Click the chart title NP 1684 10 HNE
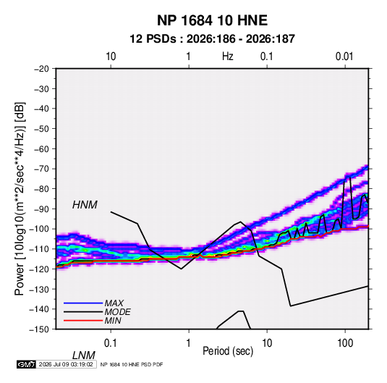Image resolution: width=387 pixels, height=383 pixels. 212,20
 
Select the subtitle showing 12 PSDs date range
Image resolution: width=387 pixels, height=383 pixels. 212,39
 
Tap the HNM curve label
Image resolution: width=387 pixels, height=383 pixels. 85,205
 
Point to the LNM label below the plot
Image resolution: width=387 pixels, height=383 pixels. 84,355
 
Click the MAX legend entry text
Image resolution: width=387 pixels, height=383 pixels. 114,303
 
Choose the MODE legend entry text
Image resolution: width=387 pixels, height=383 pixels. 117,312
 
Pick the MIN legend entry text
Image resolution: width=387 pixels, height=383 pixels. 113,321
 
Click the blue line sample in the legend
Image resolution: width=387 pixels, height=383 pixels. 83,303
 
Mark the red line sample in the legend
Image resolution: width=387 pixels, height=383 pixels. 83,321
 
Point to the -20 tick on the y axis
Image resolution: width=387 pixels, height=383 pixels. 41,69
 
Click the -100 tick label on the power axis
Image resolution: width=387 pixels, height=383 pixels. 39,229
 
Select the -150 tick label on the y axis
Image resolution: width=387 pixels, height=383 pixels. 39,329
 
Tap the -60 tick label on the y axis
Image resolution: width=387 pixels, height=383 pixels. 41,148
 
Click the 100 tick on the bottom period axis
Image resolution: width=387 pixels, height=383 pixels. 345,343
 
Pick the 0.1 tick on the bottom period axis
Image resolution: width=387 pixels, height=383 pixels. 111,343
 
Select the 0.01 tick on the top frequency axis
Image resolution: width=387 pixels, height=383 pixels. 344,56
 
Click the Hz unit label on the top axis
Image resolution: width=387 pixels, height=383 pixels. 228,56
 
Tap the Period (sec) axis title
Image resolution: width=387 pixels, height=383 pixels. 228,351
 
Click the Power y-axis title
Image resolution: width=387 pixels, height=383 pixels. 20,199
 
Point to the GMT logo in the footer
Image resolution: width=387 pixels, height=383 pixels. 26,364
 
